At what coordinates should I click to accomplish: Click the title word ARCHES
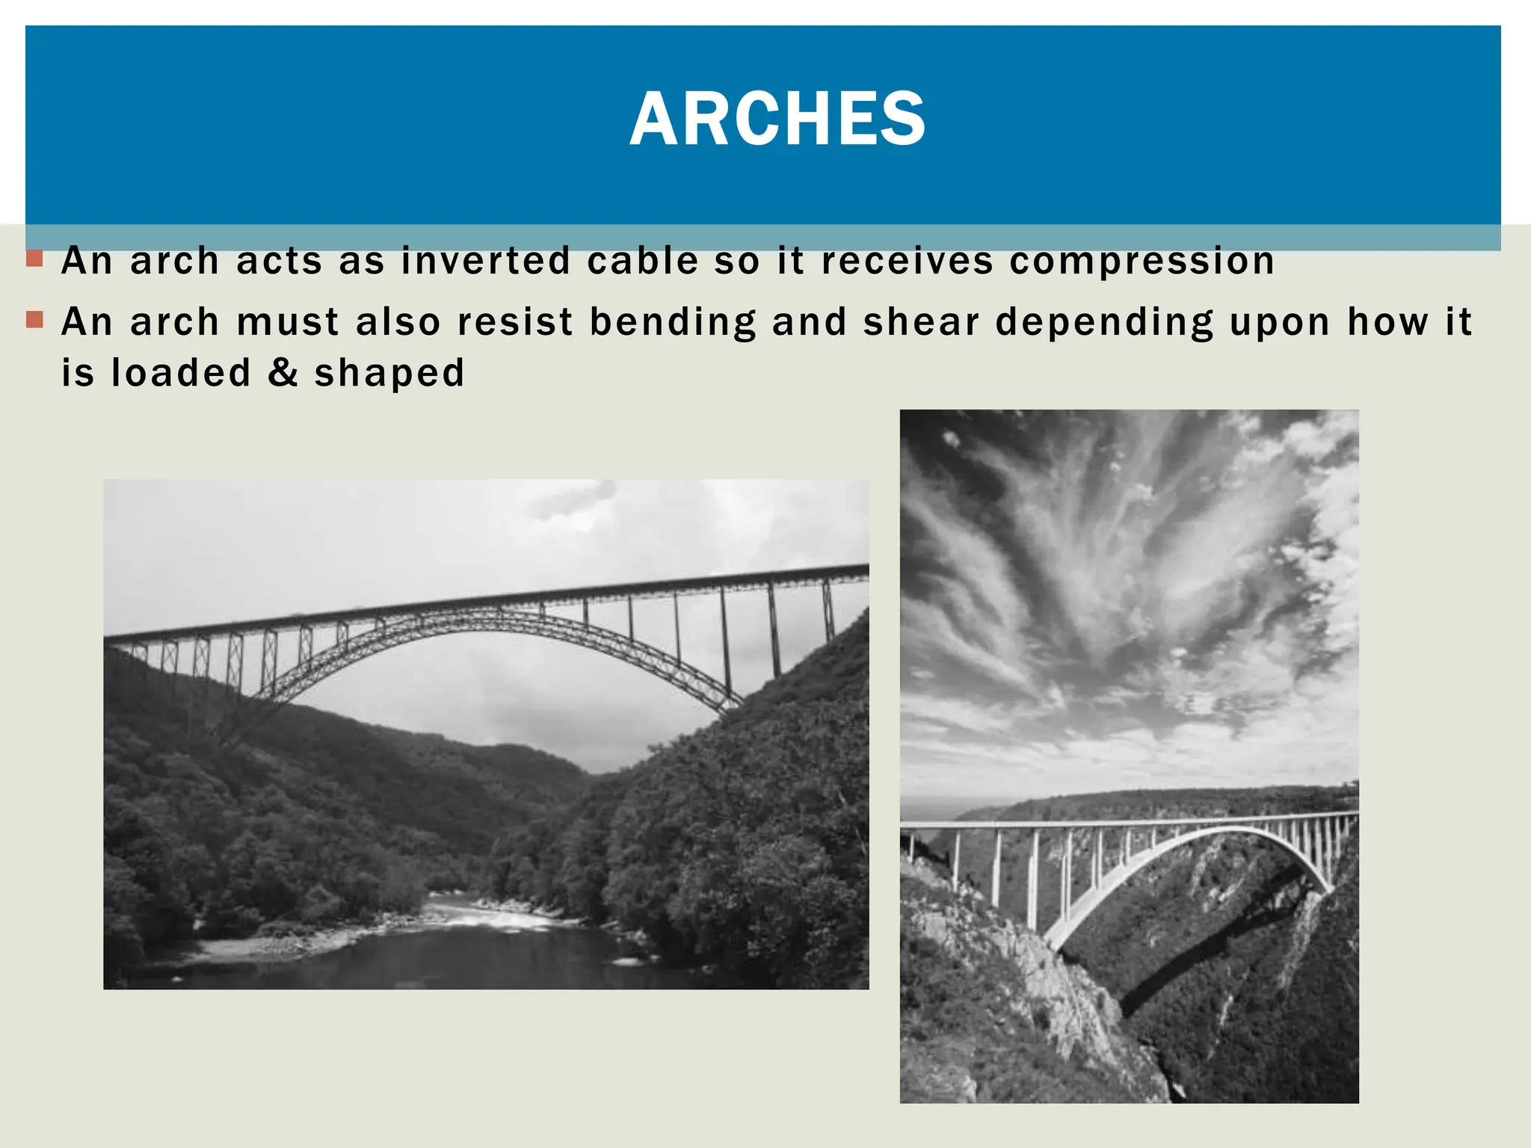pos(777,119)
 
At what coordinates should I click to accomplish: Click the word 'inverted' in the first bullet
pos(486,261)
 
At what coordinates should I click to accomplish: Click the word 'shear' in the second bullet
pos(921,322)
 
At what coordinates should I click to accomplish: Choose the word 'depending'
pos(1104,323)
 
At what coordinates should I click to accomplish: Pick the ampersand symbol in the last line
pos(283,372)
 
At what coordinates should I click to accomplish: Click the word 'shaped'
pos(389,374)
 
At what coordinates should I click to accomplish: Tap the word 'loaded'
pos(181,372)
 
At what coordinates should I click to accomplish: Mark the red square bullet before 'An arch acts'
pos(34,259)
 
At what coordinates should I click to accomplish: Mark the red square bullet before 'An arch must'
pos(34,320)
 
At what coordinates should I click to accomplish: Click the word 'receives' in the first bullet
pos(908,261)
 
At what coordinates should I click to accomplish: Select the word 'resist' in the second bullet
pos(514,322)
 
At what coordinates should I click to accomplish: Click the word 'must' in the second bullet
pos(288,322)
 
